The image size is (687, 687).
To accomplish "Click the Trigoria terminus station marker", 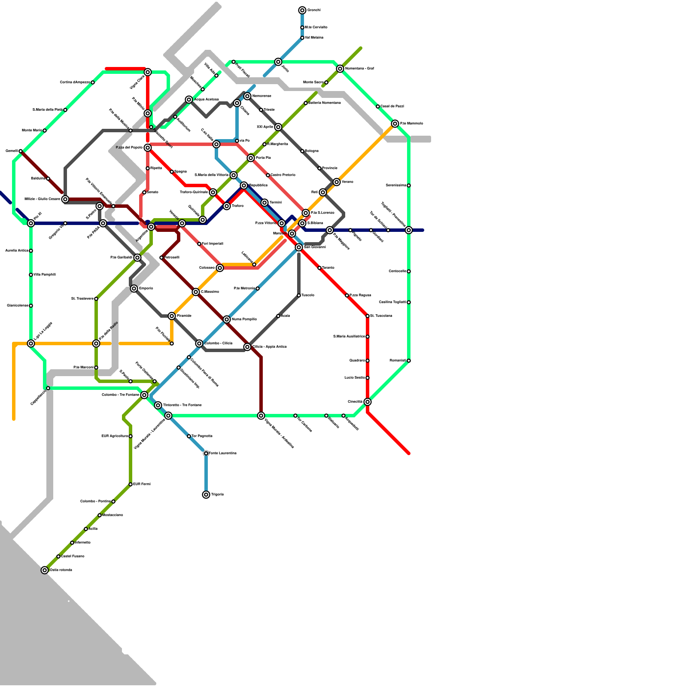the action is [x=206, y=495].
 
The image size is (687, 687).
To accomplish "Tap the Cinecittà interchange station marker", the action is [x=368, y=402].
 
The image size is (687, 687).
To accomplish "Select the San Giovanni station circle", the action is [x=299, y=247].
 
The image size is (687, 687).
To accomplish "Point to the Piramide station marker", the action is [x=172, y=316].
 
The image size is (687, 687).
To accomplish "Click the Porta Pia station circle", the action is [x=251, y=158].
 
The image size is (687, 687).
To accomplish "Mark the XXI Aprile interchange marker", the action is [x=278, y=127].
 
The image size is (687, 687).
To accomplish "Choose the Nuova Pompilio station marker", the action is [x=227, y=319].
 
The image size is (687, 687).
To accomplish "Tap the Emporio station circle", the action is [x=134, y=289].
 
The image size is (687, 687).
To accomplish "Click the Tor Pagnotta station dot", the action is [x=189, y=436].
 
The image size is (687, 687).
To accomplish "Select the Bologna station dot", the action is [x=302, y=151].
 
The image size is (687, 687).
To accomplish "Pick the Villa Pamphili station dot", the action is [x=31, y=275].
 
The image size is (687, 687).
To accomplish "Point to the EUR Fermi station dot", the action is [x=131, y=484].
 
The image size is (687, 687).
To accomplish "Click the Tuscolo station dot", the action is [x=299, y=295].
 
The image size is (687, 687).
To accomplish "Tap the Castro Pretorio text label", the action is [x=283, y=175].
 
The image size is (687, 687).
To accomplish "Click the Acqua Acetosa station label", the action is [x=207, y=100].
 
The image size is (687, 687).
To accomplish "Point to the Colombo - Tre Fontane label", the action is [x=120, y=395].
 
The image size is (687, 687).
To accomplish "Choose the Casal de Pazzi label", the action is [x=392, y=106].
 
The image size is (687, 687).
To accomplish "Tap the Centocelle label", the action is [x=397, y=271].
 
